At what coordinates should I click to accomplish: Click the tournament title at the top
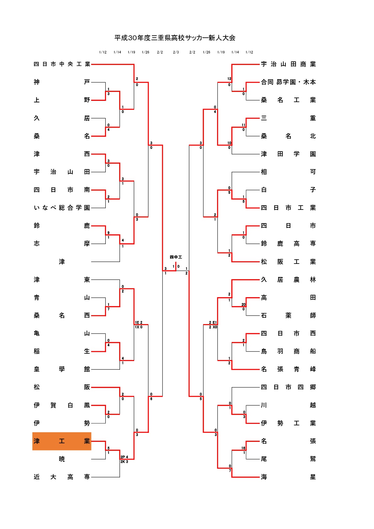point(175,38)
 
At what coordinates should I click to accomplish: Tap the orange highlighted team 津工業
point(62,441)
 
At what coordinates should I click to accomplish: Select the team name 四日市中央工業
point(62,64)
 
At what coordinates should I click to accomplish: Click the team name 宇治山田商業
point(288,64)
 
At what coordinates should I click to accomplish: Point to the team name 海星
point(288,477)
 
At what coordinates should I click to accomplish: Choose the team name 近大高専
point(62,477)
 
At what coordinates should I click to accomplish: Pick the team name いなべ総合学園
point(62,208)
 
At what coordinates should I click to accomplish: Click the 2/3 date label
point(176,52)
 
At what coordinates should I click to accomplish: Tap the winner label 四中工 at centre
point(176,257)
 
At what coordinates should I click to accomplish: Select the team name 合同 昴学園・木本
point(288,82)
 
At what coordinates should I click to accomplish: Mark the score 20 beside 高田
point(244,304)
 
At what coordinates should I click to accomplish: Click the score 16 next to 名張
point(244,448)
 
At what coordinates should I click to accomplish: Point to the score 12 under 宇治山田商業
point(229,79)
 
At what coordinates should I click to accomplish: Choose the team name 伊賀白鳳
point(62,405)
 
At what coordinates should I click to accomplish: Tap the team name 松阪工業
point(288,262)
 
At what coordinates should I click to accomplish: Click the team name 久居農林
point(288,280)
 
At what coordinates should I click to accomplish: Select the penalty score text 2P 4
point(124,457)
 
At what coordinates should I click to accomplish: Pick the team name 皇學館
point(62,369)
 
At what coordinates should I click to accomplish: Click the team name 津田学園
point(288,154)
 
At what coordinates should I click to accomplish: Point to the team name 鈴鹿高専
point(288,243)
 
